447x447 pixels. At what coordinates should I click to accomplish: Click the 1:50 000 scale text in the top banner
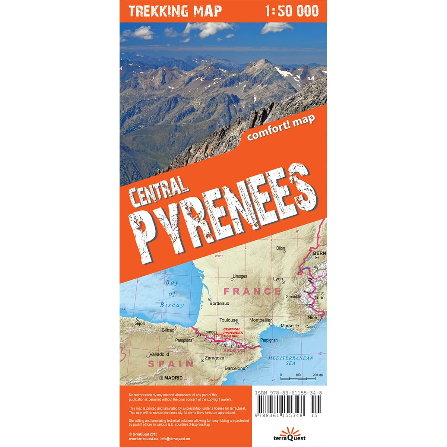(x=292, y=11)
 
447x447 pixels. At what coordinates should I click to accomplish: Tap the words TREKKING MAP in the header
(x=175, y=11)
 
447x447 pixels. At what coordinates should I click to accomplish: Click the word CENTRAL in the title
(x=158, y=193)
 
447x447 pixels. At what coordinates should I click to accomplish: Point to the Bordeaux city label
(x=219, y=303)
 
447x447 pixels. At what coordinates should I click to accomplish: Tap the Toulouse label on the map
(x=228, y=320)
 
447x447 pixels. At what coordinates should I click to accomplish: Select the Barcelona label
(x=235, y=368)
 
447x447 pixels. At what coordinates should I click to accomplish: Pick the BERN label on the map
(x=320, y=253)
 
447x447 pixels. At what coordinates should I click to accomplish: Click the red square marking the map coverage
(x=218, y=338)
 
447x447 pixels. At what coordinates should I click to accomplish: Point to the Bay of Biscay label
(x=172, y=294)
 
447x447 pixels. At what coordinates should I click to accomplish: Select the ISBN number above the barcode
(x=289, y=393)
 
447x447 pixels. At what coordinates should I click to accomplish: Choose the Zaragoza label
(x=215, y=358)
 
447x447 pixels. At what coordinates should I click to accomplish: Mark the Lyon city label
(x=278, y=279)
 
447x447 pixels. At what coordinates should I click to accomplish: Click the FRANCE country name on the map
(x=251, y=291)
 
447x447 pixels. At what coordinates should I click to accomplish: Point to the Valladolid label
(x=159, y=354)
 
